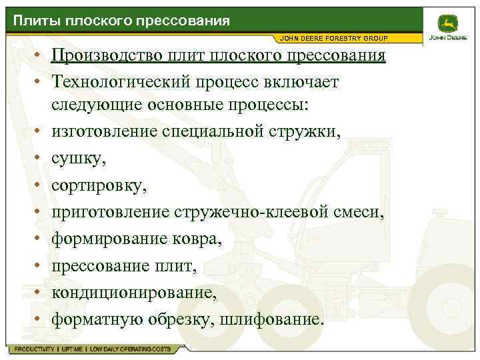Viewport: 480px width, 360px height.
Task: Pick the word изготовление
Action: click(x=104, y=131)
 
